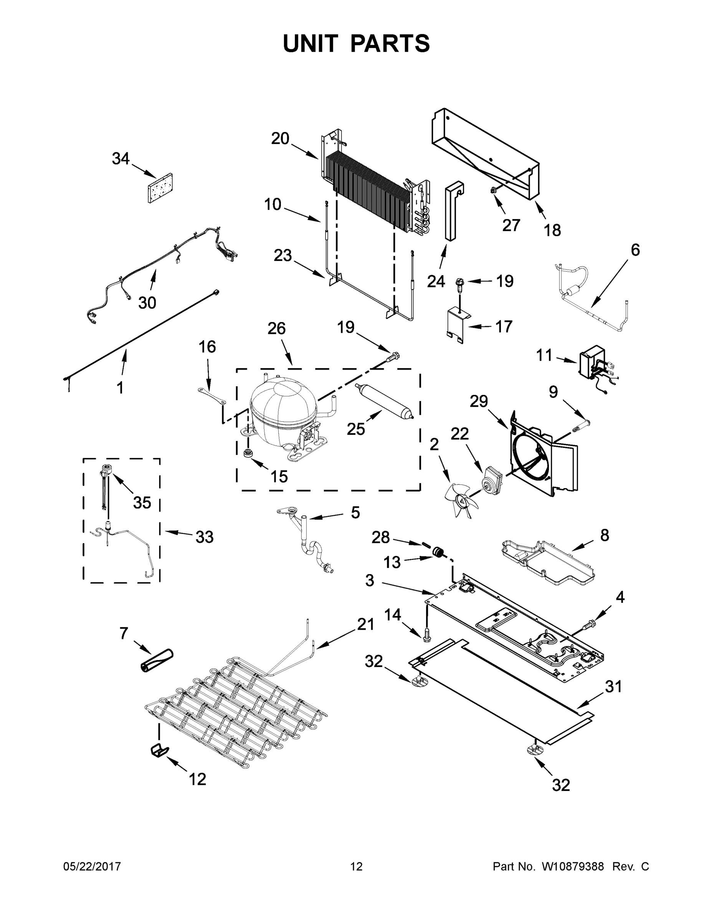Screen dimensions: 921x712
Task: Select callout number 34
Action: click(121, 159)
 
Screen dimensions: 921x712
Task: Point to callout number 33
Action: click(204, 538)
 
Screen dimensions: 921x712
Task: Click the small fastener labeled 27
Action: click(493, 191)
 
